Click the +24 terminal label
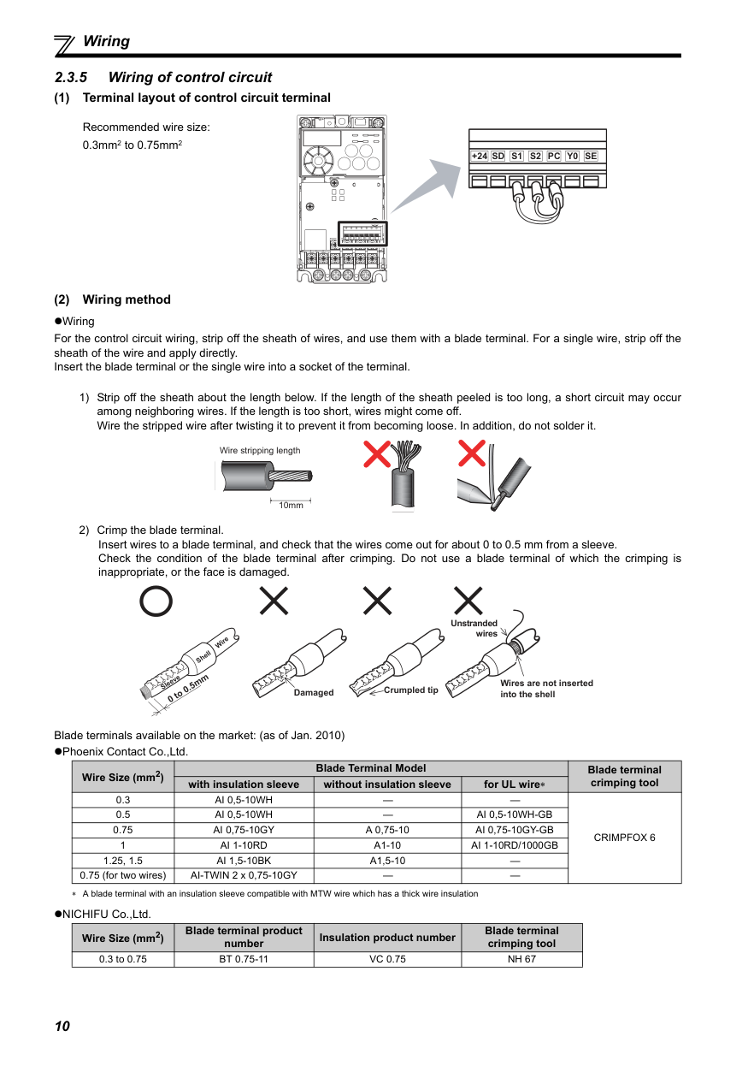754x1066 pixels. [x=480, y=156]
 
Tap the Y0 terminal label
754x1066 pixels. [x=572, y=156]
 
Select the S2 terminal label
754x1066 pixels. [x=535, y=156]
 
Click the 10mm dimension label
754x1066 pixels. [x=292, y=506]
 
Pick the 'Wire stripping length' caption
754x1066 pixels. [x=260, y=450]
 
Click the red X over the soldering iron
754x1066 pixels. [x=472, y=453]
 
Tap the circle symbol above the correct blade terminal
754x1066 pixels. [x=156, y=601]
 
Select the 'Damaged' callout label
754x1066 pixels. [x=314, y=692]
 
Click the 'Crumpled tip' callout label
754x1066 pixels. [x=410, y=690]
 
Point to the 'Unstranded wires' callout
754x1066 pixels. [x=474, y=629]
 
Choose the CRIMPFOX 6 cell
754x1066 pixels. [x=624, y=838]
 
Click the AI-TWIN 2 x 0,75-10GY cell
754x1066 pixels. [x=244, y=875]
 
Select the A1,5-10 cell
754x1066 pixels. [x=387, y=861]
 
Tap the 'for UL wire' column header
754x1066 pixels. [x=514, y=784]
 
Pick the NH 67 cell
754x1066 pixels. [x=521, y=959]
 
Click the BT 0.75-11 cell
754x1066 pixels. [x=244, y=959]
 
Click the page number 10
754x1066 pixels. [x=62, y=1027]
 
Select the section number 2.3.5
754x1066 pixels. [x=71, y=77]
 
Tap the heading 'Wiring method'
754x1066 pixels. [x=127, y=299]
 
